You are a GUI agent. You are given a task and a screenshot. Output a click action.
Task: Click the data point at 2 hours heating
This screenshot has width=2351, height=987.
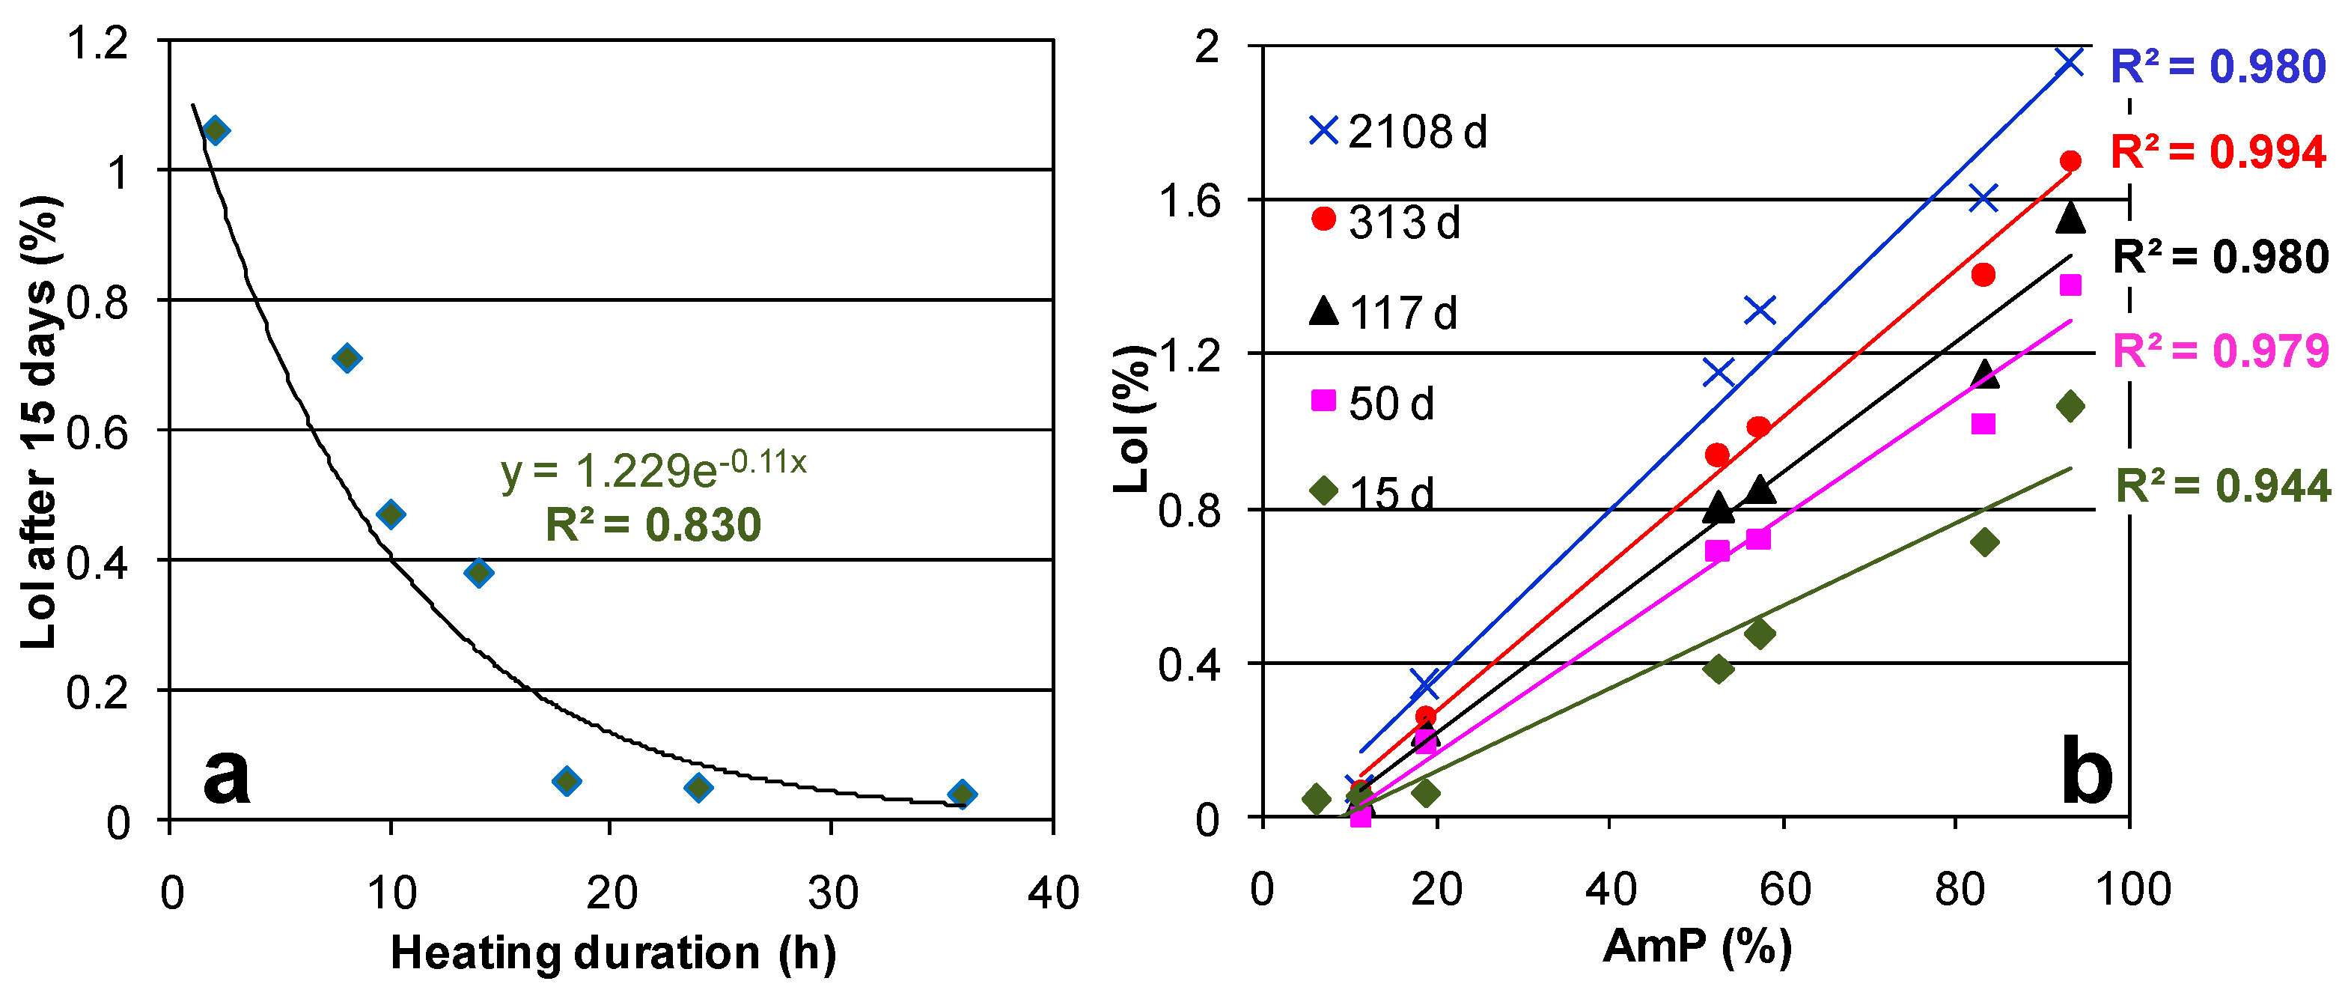point(216,130)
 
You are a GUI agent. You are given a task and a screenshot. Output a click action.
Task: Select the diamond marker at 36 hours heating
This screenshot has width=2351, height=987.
point(961,794)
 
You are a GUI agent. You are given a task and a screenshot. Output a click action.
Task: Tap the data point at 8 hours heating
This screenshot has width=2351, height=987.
point(347,357)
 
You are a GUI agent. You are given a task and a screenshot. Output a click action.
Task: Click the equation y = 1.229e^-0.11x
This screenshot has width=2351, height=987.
point(653,470)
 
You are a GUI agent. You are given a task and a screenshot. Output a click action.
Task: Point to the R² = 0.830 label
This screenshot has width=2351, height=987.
point(653,525)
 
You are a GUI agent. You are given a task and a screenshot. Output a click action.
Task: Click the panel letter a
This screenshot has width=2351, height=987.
point(225,774)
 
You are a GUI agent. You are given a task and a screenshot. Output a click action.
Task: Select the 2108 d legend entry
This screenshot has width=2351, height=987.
point(1397,133)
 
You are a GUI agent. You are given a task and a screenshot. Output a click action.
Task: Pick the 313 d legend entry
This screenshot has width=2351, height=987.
point(1385,222)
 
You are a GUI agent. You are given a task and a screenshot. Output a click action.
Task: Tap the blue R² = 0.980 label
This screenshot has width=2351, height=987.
point(2218,67)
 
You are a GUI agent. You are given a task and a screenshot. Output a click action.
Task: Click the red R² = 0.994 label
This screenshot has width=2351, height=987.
point(2218,151)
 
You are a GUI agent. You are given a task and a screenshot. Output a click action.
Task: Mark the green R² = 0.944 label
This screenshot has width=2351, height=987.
point(2222,486)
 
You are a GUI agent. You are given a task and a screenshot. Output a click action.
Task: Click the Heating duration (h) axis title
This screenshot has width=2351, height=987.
point(612,953)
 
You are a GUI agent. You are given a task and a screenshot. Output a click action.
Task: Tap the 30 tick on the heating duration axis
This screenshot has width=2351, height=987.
point(832,892)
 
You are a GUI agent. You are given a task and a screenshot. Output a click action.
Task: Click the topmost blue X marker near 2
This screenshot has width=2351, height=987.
point(2070,62)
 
